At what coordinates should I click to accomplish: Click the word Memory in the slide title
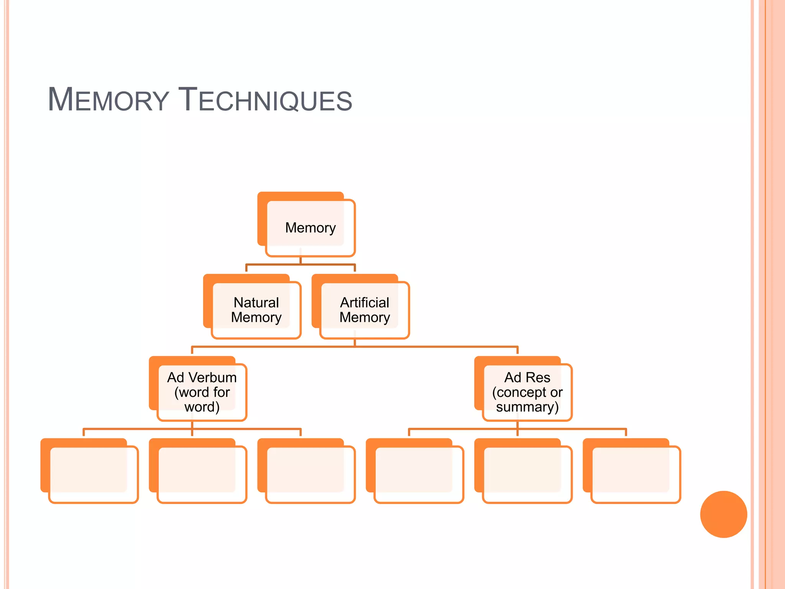[108, 100]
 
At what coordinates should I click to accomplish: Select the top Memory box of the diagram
[310, 228]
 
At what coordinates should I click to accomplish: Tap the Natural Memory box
[256, 310]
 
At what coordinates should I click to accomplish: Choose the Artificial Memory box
[365, 310]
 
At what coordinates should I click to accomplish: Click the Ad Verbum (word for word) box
[202, 392]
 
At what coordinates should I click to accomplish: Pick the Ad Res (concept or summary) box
[527, 392]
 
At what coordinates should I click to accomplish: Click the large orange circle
[723, 514]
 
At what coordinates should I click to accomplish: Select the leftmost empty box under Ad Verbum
[93, 474]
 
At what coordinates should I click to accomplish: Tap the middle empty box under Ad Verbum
[202, 474]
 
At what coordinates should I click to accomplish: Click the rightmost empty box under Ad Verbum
[310, 474]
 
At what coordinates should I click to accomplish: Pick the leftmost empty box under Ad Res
[419, 474]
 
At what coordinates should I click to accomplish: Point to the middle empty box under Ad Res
[527, 474]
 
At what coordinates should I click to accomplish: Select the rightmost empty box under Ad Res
[636, 474]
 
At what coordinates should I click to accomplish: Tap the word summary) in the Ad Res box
[527, 407]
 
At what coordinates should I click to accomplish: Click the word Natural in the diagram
[256, 303]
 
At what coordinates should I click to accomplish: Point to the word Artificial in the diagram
[365, 303]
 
